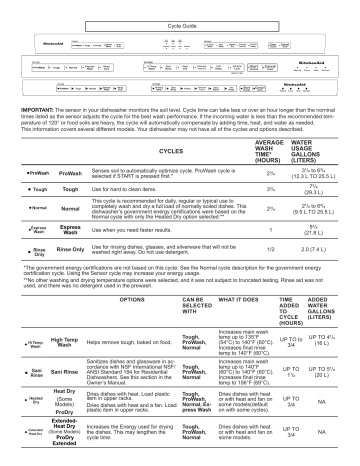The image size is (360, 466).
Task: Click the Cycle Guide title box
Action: click(x=179, y=8)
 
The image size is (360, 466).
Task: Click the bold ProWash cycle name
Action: click(x=70, y=174)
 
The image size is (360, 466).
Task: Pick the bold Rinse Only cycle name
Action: click(x=72, y=249)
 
